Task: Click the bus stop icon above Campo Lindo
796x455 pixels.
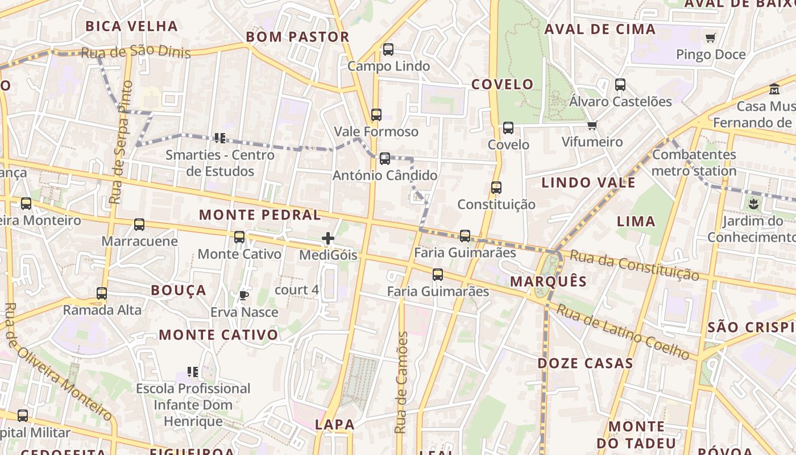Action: click(x=388, y=49)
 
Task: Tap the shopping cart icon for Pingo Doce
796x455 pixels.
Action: click(x=710, y=38)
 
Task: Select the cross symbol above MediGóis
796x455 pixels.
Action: click(x=328, y=239)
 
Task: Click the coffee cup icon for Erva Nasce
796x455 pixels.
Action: click(x=244, y=295)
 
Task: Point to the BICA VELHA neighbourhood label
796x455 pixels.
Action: click(x=131, y=26)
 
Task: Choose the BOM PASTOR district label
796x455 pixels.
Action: click(x=297, y=37)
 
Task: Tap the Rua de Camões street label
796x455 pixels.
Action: click(x=401, y=382)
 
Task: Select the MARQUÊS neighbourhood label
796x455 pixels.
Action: click(x=548, y=282)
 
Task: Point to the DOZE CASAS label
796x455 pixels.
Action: click(x=585, y=363)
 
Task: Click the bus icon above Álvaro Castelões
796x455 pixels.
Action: click(x=620, y=85)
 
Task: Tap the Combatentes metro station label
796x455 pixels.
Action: click(x=694, y=163)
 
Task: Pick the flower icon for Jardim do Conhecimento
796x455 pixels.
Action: click(x=754, y=204)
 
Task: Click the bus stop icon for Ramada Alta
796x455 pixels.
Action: click(x=102, y=293)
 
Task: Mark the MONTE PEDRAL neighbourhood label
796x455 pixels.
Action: click(x=260, y=215)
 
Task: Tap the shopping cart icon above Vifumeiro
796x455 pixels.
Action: click(x=592, y=125)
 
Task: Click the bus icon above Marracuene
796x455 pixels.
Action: click(x=139, y=225)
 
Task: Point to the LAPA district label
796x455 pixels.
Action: click(x=335, y=424)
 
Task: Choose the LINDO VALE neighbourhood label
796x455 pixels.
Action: click(x=588, y=183)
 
